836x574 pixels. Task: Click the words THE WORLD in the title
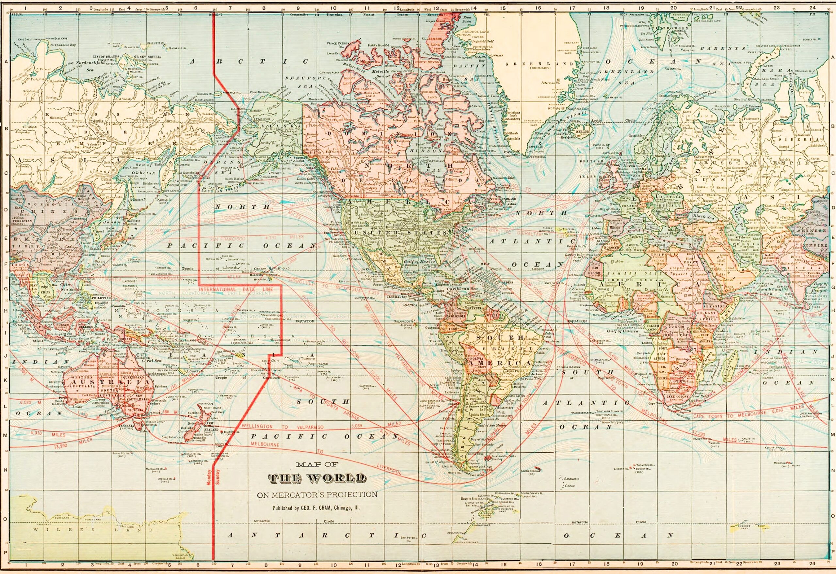coord(317,478)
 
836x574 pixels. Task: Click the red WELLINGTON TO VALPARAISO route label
coord(282,427)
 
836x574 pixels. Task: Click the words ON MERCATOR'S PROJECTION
coord(317,495)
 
